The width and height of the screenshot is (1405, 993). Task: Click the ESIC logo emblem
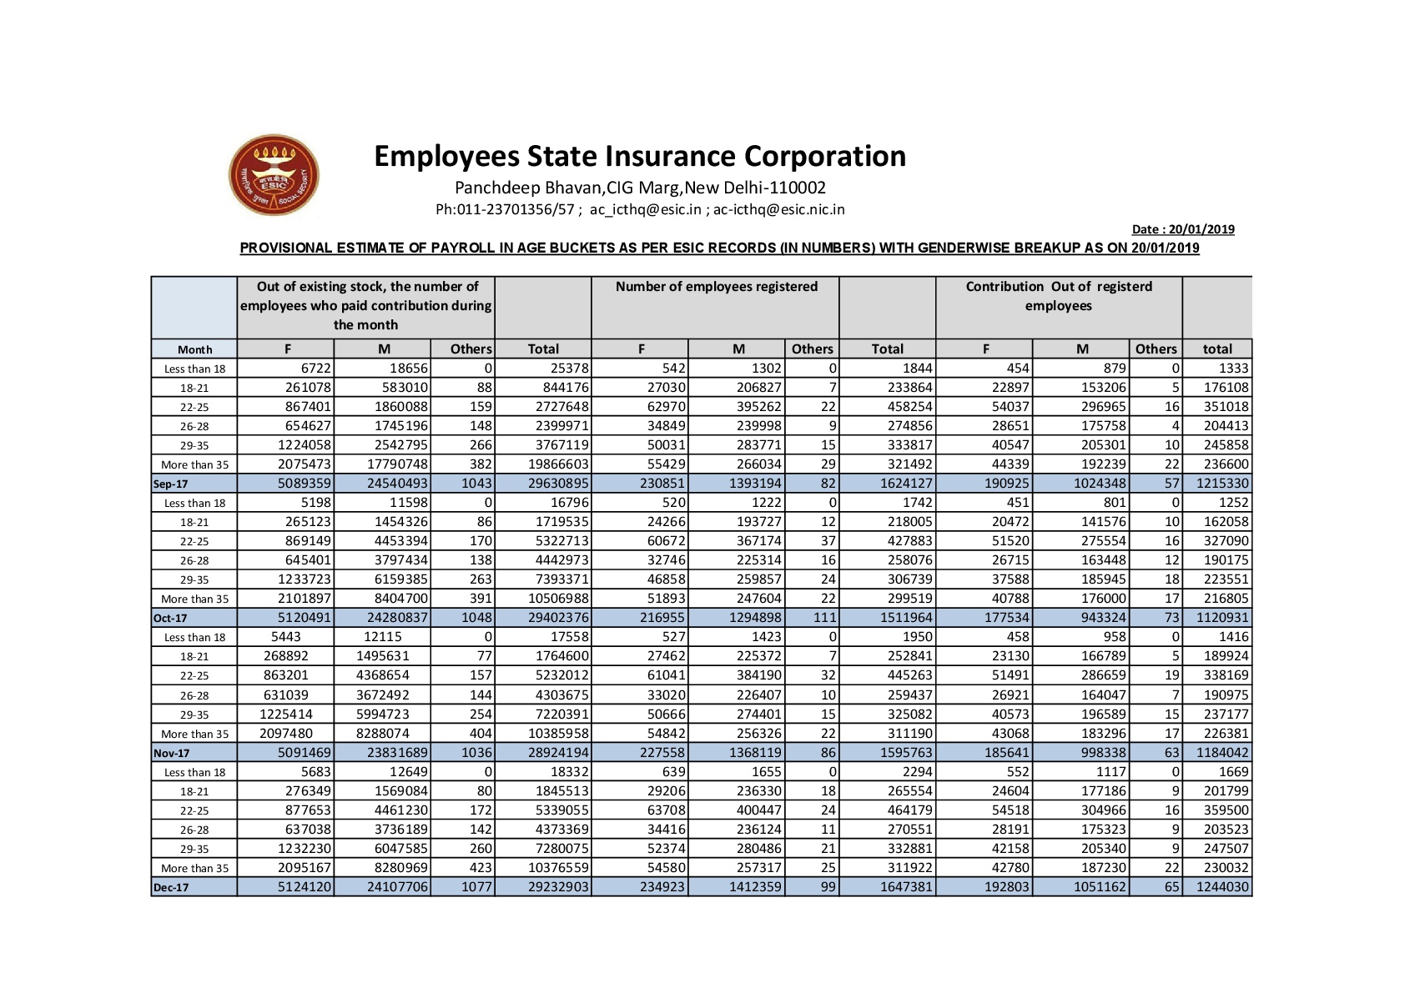click(274, 175)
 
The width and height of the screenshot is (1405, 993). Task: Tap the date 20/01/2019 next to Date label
click(1201, 229)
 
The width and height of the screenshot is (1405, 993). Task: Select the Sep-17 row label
click(171, 484)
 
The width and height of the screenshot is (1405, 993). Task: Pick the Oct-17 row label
click(170, 618)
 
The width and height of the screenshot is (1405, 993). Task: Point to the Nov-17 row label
click(171, 753)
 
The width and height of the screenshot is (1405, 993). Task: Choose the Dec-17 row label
click(171, 887)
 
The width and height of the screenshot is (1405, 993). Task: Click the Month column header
click(194, 349)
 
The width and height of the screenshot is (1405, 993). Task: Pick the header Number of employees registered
click(716, 287)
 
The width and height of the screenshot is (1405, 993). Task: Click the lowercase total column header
click(1217, 349)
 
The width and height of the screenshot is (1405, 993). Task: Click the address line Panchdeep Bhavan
click(640, 188)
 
